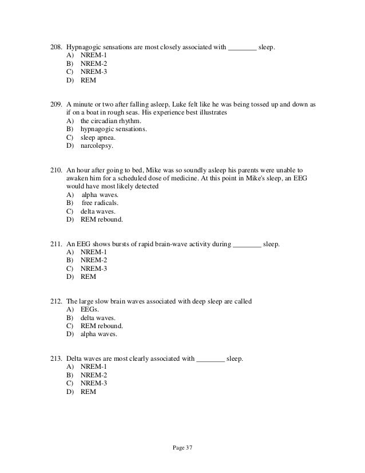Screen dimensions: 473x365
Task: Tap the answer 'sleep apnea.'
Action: pyautogui.click(x=99, y=137)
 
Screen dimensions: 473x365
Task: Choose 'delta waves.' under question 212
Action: pyautogui.click(x=98, y=318)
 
